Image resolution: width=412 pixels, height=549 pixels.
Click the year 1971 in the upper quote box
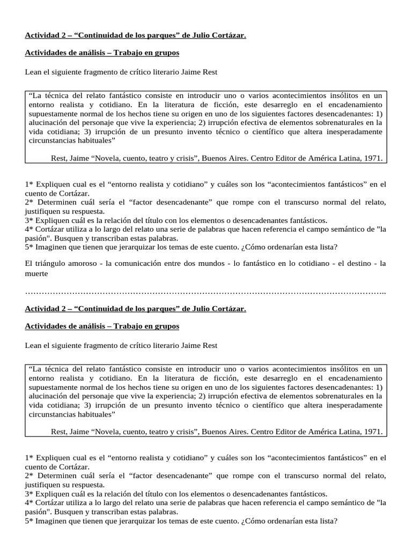point(374,158)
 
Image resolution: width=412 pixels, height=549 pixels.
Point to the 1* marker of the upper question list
point(29,184)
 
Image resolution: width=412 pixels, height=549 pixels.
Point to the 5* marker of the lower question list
point(29,520)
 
